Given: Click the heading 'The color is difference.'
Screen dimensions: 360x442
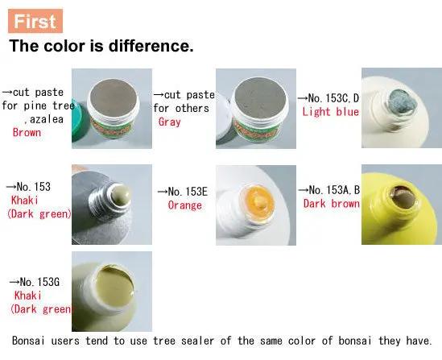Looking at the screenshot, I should [101, 46].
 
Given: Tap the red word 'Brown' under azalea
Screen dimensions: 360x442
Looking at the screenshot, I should [27, 132].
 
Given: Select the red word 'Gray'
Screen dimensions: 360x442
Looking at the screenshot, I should [169, 122].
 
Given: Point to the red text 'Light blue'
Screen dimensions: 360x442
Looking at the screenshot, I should [330, 112].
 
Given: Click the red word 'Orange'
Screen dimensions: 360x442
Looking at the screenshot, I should [184, 205].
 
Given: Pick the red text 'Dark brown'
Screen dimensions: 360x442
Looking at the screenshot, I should [331, 203].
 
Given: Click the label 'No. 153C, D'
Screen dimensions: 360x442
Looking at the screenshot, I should [330, 97].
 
